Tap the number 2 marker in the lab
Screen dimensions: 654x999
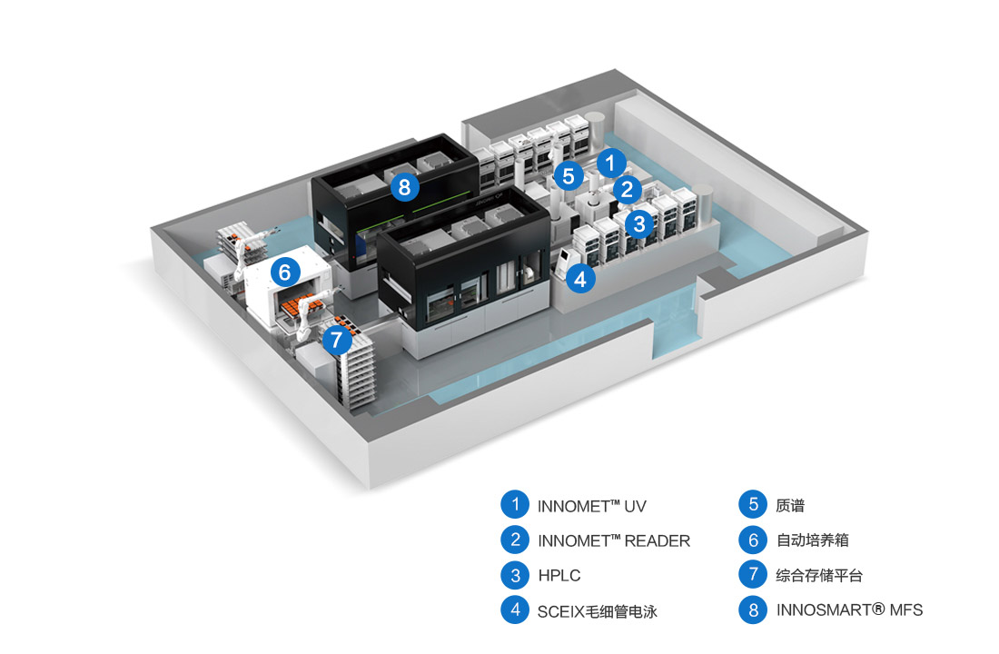[x=627, y=189]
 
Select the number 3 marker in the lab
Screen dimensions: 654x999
[x=639, y=222]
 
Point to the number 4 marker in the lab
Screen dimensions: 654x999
[x=582, y=279]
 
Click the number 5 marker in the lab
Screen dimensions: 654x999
[x=569, y=176]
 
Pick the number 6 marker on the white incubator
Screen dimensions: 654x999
[x=285, y=271]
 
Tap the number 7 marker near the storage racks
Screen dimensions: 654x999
[x=336, y=341]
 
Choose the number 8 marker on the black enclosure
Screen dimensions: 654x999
[x=405, y=188]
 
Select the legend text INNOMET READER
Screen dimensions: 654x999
[x=614, y=540]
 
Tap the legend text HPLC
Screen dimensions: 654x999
[x=559, y=575]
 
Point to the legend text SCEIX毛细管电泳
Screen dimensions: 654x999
[x=597, y=610]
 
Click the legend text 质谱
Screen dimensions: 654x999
[x=791, y=506]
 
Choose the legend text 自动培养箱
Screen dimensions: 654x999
[x=813, y=540]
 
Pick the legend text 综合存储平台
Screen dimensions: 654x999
[x=819, y=575]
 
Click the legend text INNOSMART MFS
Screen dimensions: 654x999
[x=849, y=610]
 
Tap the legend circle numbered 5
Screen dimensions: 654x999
[x=753, y=505]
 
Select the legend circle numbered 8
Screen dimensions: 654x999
[x=753, y=609]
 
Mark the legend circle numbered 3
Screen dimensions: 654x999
[x=515, y=575]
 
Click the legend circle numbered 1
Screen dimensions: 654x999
[x=515, y=505]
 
